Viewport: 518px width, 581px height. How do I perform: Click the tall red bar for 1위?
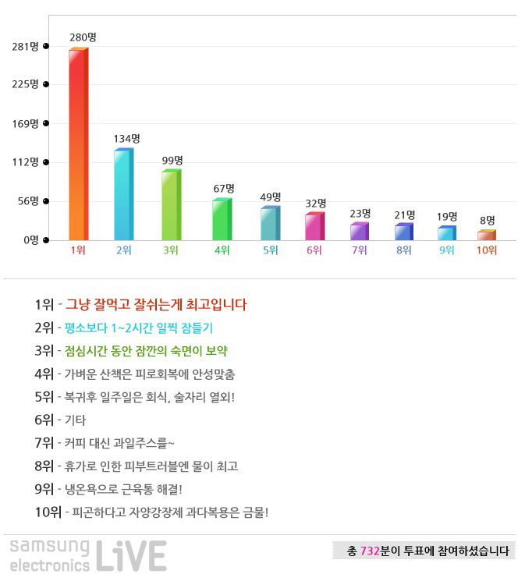[77, 144]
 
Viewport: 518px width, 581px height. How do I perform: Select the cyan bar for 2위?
[122, 194]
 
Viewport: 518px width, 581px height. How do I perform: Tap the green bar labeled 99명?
[169, 205]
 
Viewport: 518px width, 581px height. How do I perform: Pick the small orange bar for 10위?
[486, 235]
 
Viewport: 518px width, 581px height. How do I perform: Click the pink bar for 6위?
[314, 226]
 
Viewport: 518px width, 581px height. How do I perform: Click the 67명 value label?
[223, 189]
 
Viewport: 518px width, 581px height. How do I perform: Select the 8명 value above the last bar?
[487, 221]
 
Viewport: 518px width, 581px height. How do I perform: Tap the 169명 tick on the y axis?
[25, 123]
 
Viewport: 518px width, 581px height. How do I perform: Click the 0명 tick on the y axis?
[30, 239]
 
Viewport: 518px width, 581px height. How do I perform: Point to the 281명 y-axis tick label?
[25, 47]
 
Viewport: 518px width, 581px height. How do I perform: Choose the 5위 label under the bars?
[270, 250]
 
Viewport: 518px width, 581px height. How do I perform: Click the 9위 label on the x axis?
[446, 250]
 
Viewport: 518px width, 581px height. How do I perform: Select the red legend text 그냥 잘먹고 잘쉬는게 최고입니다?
[156, 305]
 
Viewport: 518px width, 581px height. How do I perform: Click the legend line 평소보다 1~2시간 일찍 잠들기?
[139, 328]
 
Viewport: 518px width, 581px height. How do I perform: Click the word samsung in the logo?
[50, 547]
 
